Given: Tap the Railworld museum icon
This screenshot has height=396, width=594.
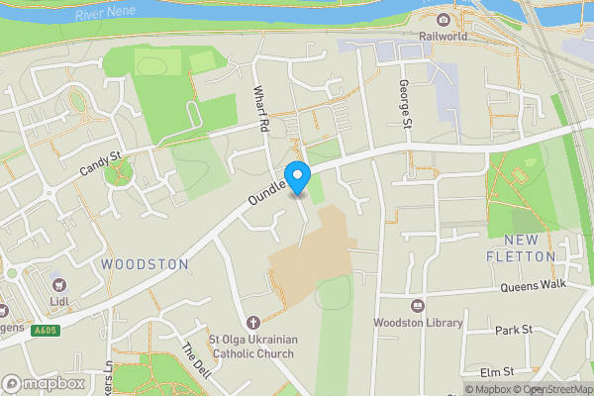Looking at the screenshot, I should (443, 21).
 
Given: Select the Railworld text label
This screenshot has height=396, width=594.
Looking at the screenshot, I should (443, 38).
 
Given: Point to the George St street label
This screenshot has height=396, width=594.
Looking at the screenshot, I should (404, 104).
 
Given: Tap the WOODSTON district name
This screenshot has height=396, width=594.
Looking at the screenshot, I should (145, 264).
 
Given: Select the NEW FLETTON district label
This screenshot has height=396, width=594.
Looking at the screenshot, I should (522, 248).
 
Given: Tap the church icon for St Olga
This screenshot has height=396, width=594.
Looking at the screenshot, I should (253, 323).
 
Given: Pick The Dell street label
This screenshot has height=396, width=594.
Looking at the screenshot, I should (196, 357).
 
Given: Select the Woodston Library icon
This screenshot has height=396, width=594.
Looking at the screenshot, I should (416, 306).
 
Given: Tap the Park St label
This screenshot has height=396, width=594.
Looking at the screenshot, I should (514, 329).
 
